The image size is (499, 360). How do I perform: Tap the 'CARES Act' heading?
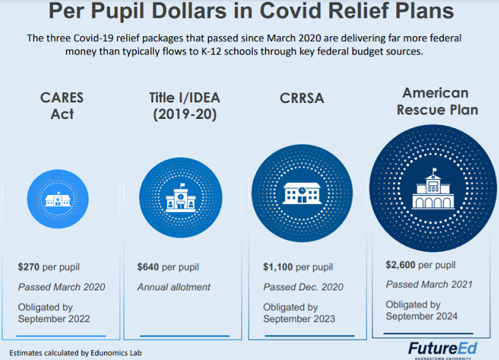[62, 106]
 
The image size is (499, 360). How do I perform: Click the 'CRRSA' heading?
[302, 98]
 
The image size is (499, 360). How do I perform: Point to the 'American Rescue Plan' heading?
[437, 101]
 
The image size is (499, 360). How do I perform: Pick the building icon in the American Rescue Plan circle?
[434, 189]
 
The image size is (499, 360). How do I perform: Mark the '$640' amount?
[148, 267]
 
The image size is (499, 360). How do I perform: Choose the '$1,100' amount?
[277, 267]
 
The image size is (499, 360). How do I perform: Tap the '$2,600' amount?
[400, 265]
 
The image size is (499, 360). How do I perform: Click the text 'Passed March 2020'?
[62, 287]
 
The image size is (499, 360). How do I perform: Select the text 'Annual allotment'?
[173, 287]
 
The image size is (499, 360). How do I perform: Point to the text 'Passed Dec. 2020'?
[303, 287]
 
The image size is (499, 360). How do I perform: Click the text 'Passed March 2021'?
[429, 284]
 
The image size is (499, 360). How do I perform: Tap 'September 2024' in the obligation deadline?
[421, 316]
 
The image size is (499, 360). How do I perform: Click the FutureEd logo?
[442, 349]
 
